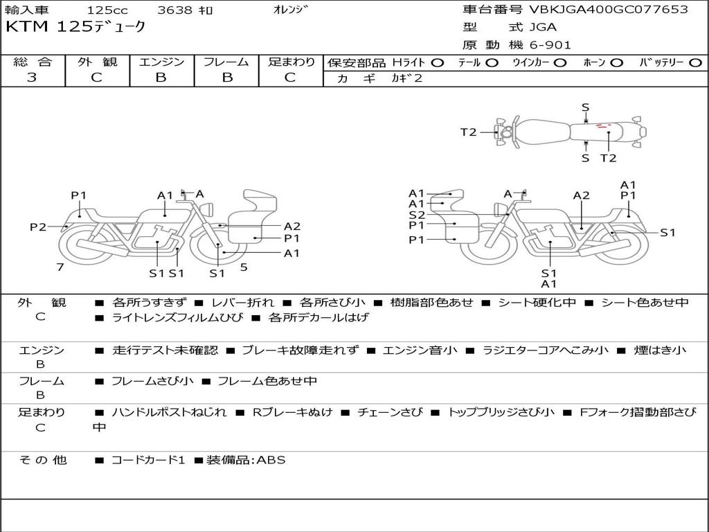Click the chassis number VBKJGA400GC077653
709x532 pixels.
[609, 9]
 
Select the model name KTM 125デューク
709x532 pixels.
[75, 27]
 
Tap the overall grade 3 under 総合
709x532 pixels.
[32, 77]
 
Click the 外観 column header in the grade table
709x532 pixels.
[97, 62]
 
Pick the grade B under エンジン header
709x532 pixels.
[161, 77]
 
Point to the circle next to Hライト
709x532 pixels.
[438, 63]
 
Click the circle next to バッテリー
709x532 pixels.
[695, 63]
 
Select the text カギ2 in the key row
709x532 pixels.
[406, 78]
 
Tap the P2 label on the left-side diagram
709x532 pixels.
[38, 227]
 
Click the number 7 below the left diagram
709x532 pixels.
[60, 267]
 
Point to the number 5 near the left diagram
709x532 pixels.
[244, 267]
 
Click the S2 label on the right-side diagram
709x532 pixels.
[417, 215]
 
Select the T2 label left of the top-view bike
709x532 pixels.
[469, 132]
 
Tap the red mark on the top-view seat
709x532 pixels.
[603, 126]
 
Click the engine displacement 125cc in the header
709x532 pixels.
[107, 10]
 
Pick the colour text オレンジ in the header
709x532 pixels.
[290, 10]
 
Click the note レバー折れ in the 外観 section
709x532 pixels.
[242, 302]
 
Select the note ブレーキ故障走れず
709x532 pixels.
[300, 350]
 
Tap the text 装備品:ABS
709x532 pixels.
[246, 460]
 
